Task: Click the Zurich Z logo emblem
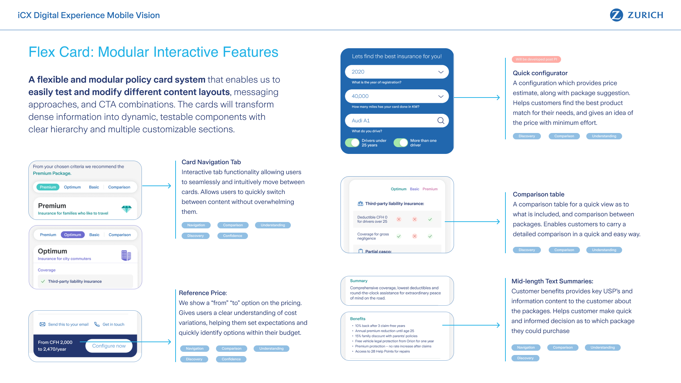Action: pyautogui.click(x=616, y=15)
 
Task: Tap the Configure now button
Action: pyautogui.click(x=109, y=346)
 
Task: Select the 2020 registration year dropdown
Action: pyautogui.click(x=397, y=72)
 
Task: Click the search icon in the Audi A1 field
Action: pyautogui.click(x=441, y=121)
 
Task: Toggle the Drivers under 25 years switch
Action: pyautogui.click(x=352, y=143)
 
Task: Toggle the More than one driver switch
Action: pyautogui.click(x=401, y=143)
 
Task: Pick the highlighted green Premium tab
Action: pyautogui.click(x=48, y=187)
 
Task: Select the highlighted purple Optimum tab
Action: pyautogui.click(x=73, y=235)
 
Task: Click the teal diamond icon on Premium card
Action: pyautogui.click(x=126, y=209)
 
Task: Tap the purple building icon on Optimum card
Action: pyautogui.click(x=126, y=255)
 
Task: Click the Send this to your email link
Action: pyautogui.click(x=68, y=324)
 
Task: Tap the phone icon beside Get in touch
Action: pyautogui.click(x=97, y=324)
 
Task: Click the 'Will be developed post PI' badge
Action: pyautogui.click(x=536, y=60)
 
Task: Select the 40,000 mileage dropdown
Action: pyautogui.click(x=397, y=96)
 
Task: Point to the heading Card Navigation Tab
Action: pyautogui.click(x=211, y=162)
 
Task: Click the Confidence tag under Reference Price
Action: pyautogui.click(x=231, y=359)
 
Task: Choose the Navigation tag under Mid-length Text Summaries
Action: pyautogui.click(x=526, y=348)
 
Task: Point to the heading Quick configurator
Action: pyautogui.click(x=540, y=73)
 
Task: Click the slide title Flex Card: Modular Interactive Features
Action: pyautogui.click(x=153, y=52)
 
